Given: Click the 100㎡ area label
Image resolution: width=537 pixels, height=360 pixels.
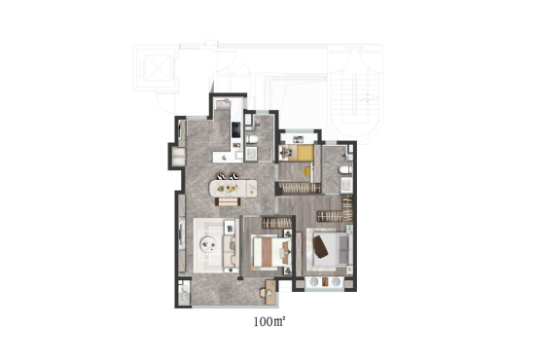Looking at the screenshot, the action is [x=269, y=322].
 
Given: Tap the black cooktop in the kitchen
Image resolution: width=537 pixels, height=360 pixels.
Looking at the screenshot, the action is [x=236, y=129].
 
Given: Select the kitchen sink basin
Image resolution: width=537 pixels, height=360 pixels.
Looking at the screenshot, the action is [x=224, y=102].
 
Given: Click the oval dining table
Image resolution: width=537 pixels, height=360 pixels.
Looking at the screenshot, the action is [x=233, y=189].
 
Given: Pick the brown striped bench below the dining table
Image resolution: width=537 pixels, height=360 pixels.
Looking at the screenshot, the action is [x=228, y=201].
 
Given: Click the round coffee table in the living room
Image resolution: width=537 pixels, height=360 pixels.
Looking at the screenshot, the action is [x=208, y=244].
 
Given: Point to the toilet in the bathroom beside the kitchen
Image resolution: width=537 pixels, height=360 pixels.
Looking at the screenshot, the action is [x=252, y=140].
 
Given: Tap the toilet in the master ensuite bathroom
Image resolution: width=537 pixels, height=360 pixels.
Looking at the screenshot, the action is [x=344, y=169].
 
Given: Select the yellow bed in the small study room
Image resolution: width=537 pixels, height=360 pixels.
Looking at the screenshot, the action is [x=305, y=153].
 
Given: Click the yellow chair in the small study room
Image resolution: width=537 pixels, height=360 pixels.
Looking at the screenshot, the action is [x=308, y=171].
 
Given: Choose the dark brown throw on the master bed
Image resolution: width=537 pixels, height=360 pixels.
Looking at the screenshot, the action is [x=320, y=246].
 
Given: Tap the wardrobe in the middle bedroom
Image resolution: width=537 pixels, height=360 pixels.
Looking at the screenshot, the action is [x=276, y=223].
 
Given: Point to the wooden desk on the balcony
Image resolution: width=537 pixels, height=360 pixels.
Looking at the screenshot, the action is [x=270, y=293].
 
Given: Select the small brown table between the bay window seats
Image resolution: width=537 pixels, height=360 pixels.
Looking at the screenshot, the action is [x=325, y=281].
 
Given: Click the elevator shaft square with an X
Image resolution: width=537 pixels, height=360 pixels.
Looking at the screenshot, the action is [x=158, y=68].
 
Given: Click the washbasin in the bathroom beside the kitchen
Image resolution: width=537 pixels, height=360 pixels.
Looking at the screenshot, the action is [x=252, y=154].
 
